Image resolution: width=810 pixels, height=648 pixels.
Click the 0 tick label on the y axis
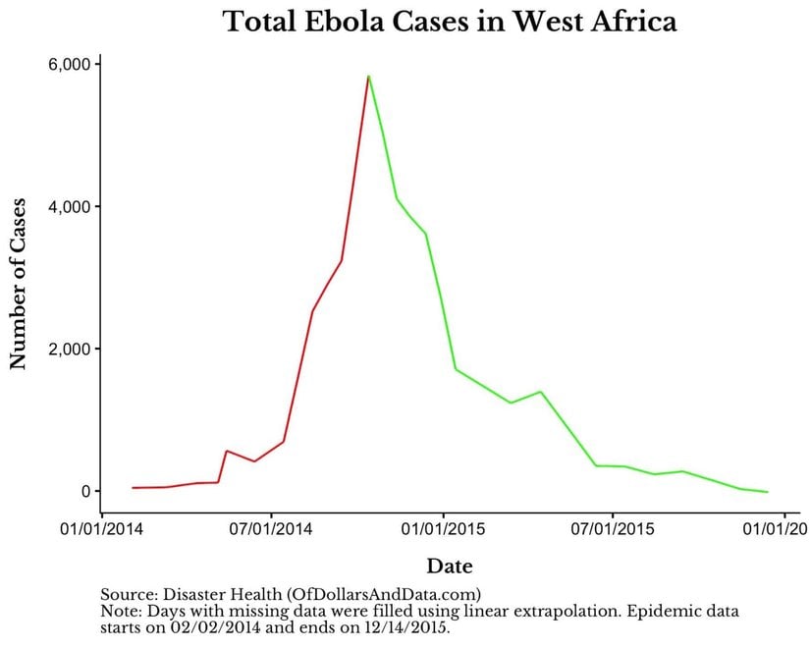point(84,491)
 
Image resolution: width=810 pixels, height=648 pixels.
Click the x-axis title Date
point(449,567)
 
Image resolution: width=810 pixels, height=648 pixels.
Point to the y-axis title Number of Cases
point(18,281)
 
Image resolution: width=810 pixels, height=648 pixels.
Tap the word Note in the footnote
point(118,611)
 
